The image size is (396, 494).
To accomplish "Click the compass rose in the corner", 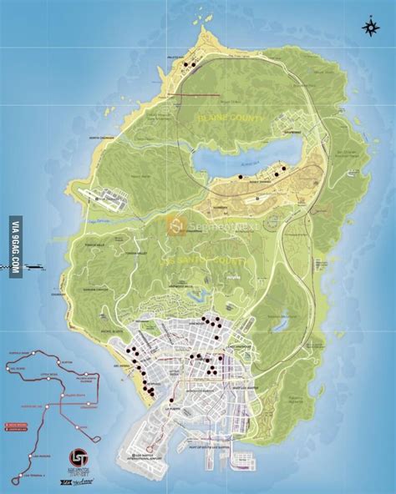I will pyautogui.click(x=368, y=28).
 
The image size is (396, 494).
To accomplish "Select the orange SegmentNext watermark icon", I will pyautogui.click(x=175, y=224).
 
